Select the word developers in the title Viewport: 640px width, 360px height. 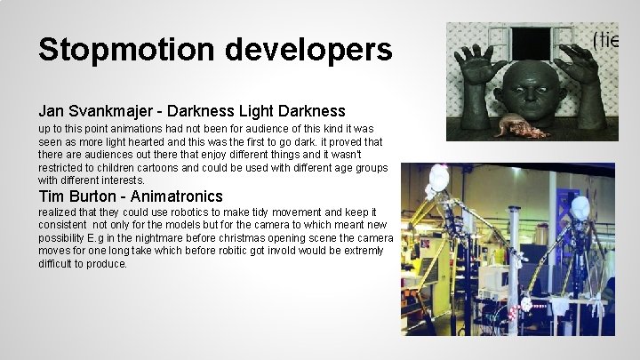[308, 50]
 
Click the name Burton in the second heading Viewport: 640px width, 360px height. [98, 196]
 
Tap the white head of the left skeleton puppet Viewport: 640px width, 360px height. [436, 177]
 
